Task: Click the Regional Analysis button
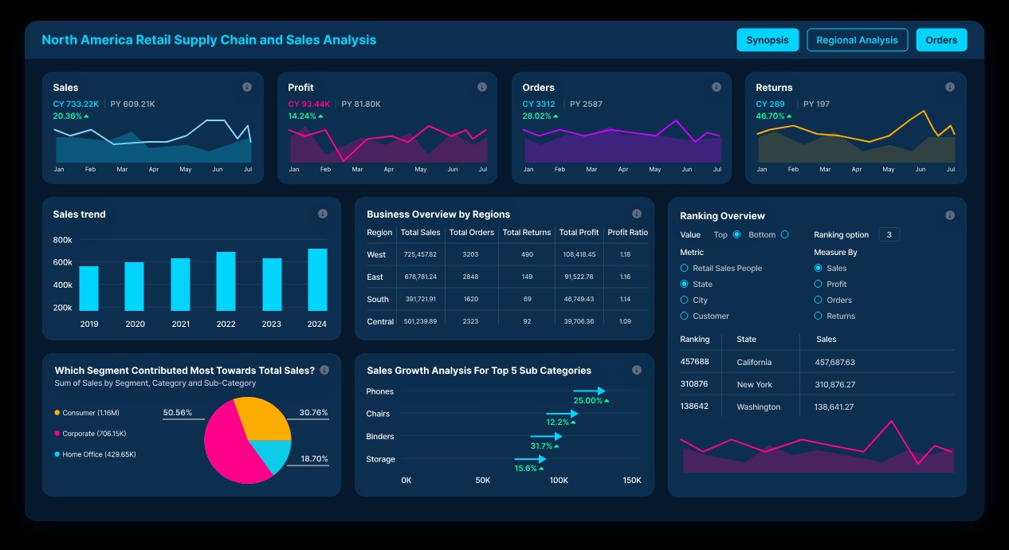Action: tap(857, 40)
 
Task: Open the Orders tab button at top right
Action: tap(941, 40)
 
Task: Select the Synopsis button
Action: tap(767, 40)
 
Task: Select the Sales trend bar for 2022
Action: tap(226, 281)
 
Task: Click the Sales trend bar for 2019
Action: tap(88, 289)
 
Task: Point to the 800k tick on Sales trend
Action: tap(62, 240)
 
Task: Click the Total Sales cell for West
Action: tap(420, 255)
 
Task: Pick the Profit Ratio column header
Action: tap(627, 233)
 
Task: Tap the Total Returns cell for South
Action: tap(527, 300)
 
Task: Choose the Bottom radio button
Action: tap(784, 234)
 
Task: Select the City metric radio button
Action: tap(685, 301)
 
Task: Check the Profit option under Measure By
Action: tap(818, 285)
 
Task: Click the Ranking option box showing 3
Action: tap(889, 234)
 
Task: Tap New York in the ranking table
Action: tap(754, 385)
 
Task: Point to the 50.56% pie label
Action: tap(177, 413)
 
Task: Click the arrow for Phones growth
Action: tap(590, 391)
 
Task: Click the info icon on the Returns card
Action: tap(949, 87)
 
